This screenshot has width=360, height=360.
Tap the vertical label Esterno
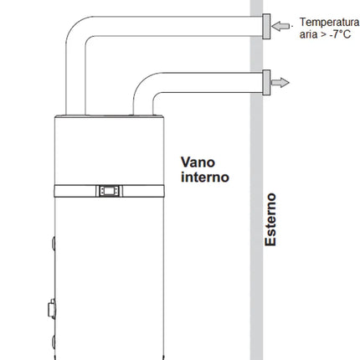pos(270,219)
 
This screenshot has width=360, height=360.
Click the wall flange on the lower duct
pos(266,82)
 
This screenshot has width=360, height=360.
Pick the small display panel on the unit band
pos(110,190)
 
